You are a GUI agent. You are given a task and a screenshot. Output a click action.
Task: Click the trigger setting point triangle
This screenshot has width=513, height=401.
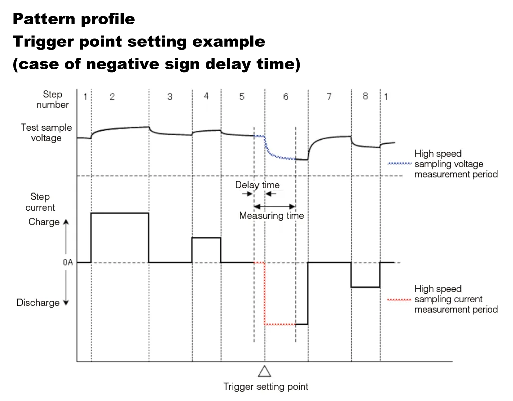click(x=264, y=371)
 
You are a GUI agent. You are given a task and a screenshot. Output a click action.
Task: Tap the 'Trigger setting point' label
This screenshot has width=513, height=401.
click(x=266, y=386)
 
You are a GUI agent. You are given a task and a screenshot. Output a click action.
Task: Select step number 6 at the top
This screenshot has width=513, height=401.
click(x=286, y=97)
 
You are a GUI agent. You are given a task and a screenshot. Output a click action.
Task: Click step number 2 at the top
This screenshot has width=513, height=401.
click(x=112, y=97)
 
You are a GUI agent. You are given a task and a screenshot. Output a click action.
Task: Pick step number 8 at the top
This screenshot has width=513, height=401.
click(x=365, y=96)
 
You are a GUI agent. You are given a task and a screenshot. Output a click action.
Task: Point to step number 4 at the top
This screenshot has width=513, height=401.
click(x=206, y=96)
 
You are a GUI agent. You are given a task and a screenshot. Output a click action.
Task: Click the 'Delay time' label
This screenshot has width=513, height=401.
click(x=258, y=185)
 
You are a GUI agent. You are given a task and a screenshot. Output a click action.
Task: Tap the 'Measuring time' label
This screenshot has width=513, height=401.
click(x=272, y=216)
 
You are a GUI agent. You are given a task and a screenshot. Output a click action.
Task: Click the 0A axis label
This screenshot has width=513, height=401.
click(x=68, y=262)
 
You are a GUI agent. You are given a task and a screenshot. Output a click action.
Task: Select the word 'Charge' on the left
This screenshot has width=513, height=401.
click(x=44, y=222)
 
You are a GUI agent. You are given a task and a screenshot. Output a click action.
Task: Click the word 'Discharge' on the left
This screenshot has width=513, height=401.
click(x=38, y=303)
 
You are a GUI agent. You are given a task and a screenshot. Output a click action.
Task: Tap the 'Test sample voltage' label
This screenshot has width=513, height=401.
click(x=46, y=133)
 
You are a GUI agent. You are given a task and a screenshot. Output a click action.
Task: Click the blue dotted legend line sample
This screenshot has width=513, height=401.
click(x=399, y=164)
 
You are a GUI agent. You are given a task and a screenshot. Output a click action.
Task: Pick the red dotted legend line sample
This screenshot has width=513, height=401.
click(x=399, y=299)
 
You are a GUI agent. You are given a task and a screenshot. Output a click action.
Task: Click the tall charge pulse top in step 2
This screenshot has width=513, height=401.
click(x=120, y=213)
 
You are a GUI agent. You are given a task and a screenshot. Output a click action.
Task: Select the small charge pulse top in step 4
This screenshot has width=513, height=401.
click(x=206, y=238)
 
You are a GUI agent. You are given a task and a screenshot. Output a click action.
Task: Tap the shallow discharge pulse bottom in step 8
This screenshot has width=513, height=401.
click(x=365, y=287)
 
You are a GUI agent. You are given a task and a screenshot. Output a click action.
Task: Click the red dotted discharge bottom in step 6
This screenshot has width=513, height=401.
click(x=280, y=324)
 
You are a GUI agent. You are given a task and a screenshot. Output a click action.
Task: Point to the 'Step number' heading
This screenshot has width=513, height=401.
click(x=52, y=99)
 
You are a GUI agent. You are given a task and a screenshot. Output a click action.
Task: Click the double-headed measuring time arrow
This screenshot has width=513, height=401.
click(x=275, y=206)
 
